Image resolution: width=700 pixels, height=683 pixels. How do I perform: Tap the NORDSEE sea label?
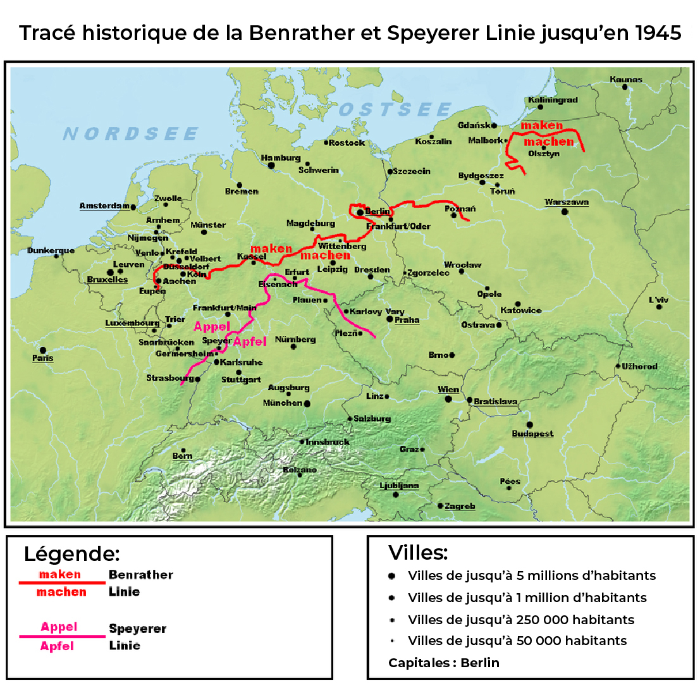(131, 134)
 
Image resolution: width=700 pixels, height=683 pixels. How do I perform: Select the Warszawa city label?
(567, 202)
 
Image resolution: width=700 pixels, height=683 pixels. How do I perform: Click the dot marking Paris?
(43, 350)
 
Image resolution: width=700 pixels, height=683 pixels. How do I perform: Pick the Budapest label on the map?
(532, 434)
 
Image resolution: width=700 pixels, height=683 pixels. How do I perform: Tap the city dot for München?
(307, 403)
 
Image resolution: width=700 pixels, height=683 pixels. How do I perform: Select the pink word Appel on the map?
(211, 327)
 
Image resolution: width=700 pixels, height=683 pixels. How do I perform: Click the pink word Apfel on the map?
(250, 341)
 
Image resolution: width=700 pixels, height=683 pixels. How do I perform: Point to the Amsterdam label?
(104, 206)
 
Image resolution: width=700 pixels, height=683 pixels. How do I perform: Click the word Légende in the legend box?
(71, 555)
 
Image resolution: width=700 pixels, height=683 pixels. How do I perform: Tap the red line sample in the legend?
(62, 582)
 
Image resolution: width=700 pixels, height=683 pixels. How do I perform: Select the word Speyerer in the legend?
(137, 629)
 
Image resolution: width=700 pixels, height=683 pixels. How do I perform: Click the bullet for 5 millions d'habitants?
(392, 576)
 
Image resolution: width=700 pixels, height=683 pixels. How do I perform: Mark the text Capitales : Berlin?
(443, 663)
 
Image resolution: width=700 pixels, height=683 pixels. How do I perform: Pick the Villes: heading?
(418, 553)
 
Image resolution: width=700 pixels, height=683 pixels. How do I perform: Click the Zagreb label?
(460, 507)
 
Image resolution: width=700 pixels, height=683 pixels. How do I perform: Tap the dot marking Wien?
(448, 399)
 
